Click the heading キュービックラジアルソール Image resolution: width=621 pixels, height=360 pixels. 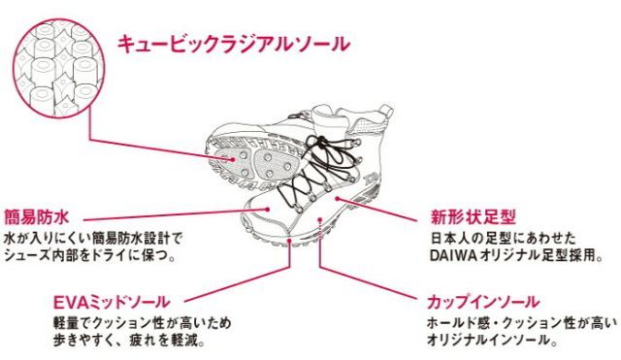(232, 44)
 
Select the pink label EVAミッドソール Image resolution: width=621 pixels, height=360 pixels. (114, 301)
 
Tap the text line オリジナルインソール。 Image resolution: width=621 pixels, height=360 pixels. (485, 342)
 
